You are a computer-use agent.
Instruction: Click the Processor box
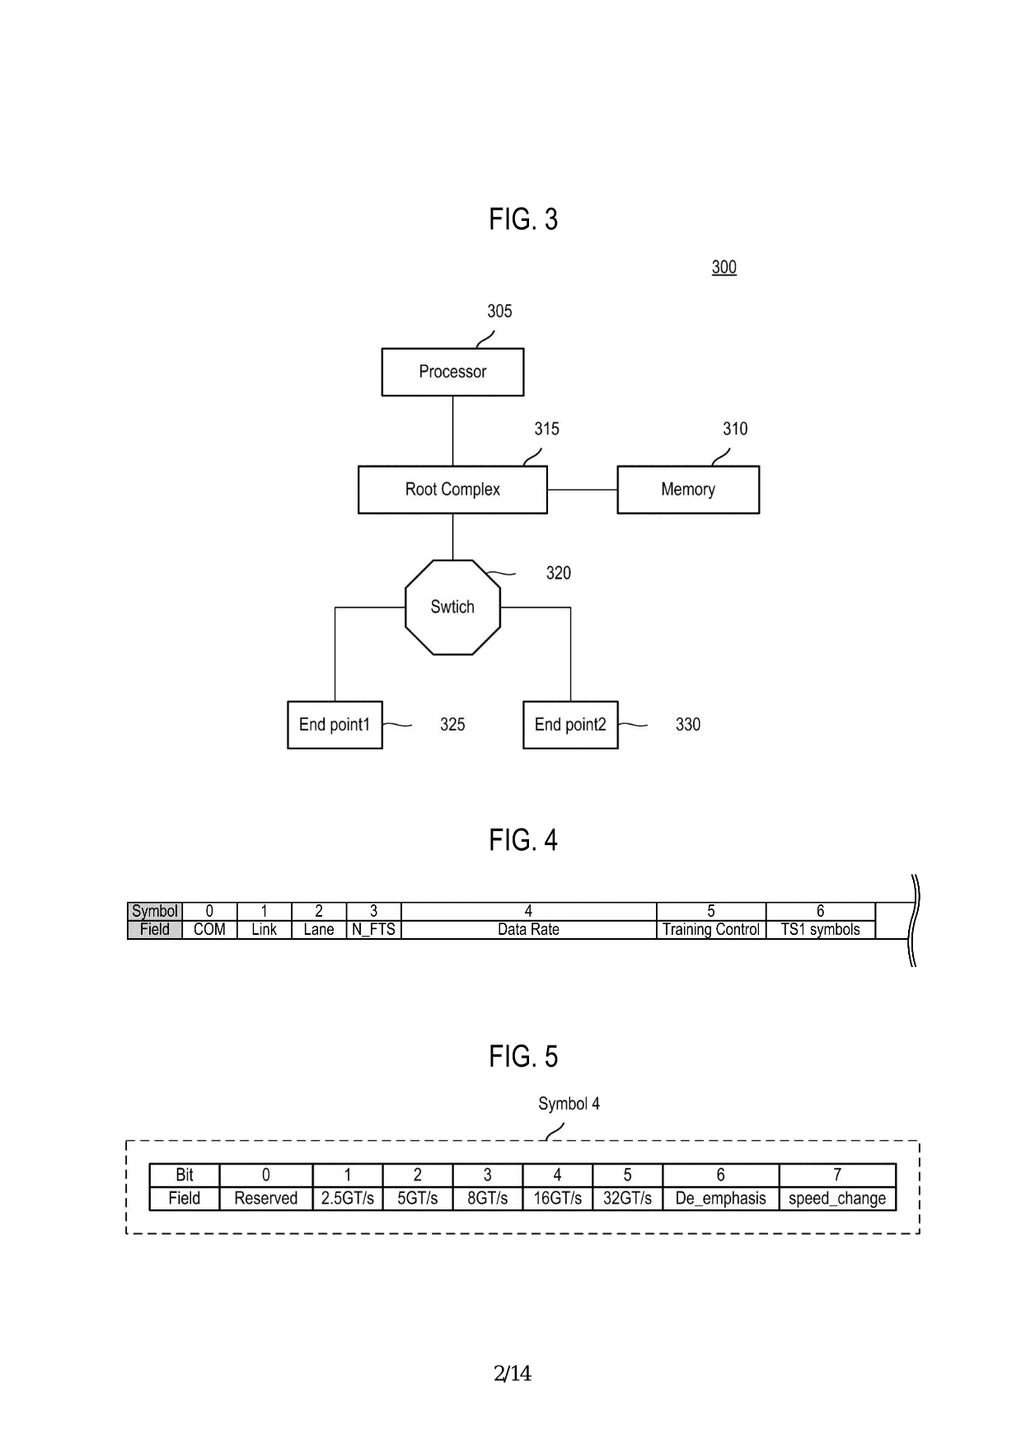tap(452, 372)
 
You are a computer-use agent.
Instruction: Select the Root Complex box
tap(452, 490)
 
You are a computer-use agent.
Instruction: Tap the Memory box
tap(688, 490)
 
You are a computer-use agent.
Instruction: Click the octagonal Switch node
tap(452, 608)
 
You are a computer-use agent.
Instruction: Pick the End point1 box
tap(335, 725)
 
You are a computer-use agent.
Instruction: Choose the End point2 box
tap(570, 725)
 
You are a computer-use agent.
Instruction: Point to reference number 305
tap(499, 312)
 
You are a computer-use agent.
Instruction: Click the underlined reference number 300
tap(724, 267)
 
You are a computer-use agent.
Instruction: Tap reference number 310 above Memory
tap(735, 429)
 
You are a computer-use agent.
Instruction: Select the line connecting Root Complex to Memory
tap(582, 490)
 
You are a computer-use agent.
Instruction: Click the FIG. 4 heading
tap(523, 840)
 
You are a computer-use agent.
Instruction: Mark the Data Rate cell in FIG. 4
tap(528, 930)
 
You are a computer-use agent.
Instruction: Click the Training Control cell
tap(711, 930)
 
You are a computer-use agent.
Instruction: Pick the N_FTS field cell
tap(373, 930)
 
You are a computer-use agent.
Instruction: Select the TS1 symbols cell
tap(820, 930)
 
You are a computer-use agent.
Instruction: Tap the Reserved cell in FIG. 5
tap(265, 1199)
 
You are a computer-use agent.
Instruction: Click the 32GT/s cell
tap(627, 1199)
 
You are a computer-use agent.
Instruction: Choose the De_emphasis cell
tap(720, 1199)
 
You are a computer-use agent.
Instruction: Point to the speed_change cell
tap(837, 1199)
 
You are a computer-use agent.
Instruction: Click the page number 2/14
tap(513, 1373)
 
